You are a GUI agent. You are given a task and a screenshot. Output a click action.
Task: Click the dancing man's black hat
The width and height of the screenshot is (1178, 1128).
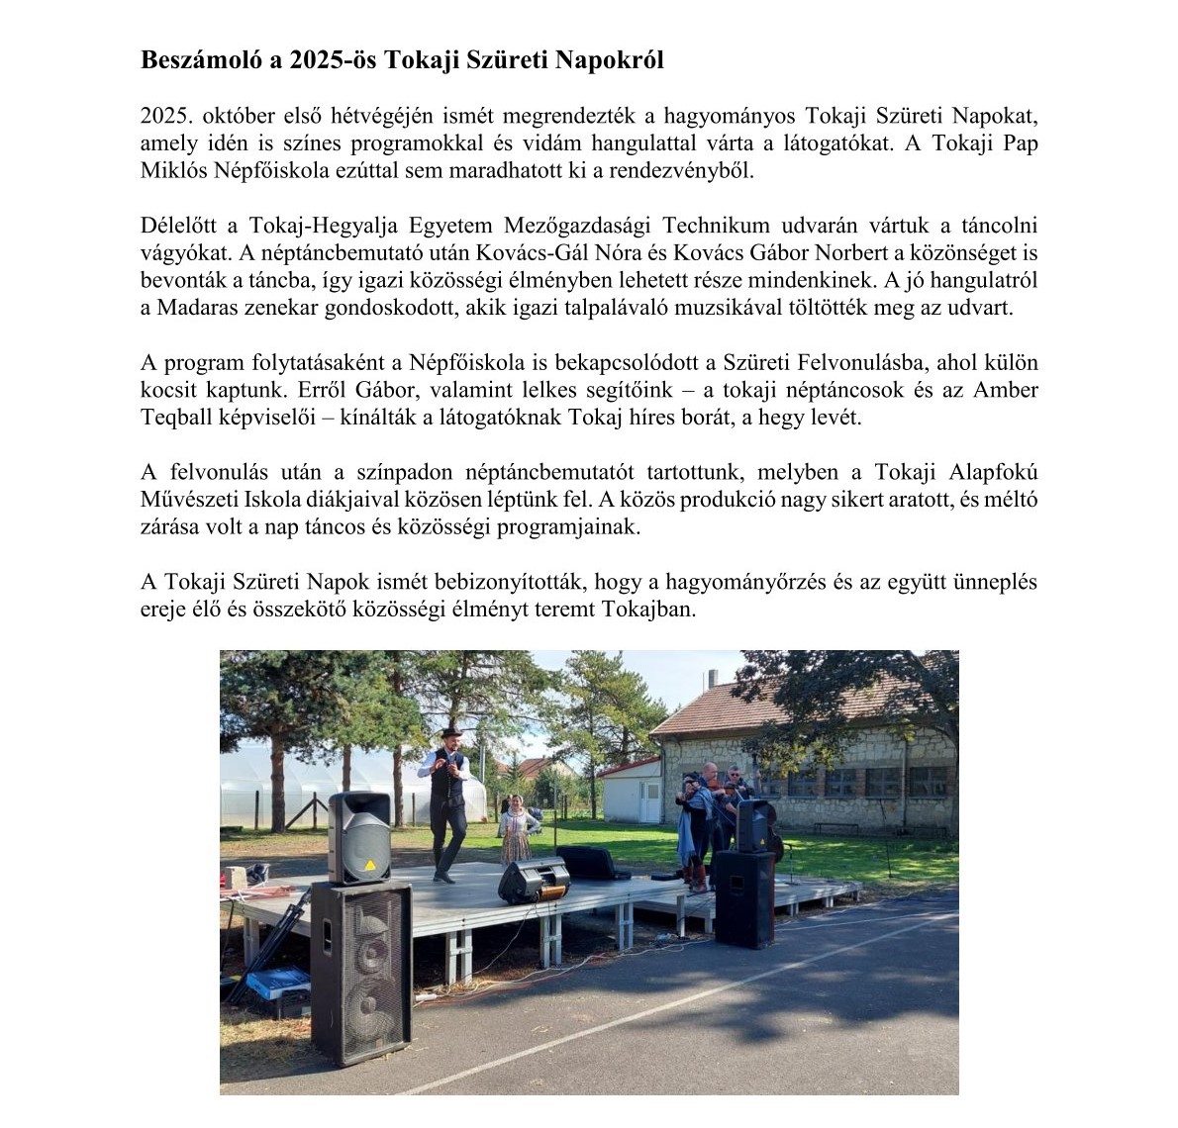pyautogui.click(x=450, y=733)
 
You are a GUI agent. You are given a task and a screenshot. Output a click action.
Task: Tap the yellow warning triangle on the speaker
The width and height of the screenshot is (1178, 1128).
pyautogui.click(x=370, y=865)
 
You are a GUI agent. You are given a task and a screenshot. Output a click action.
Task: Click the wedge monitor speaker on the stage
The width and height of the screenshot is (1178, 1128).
pyautogui.click(x=534, y=880)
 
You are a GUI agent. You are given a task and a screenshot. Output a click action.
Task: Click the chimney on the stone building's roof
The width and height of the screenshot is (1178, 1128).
pyautogui.click(x=714, y=680)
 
